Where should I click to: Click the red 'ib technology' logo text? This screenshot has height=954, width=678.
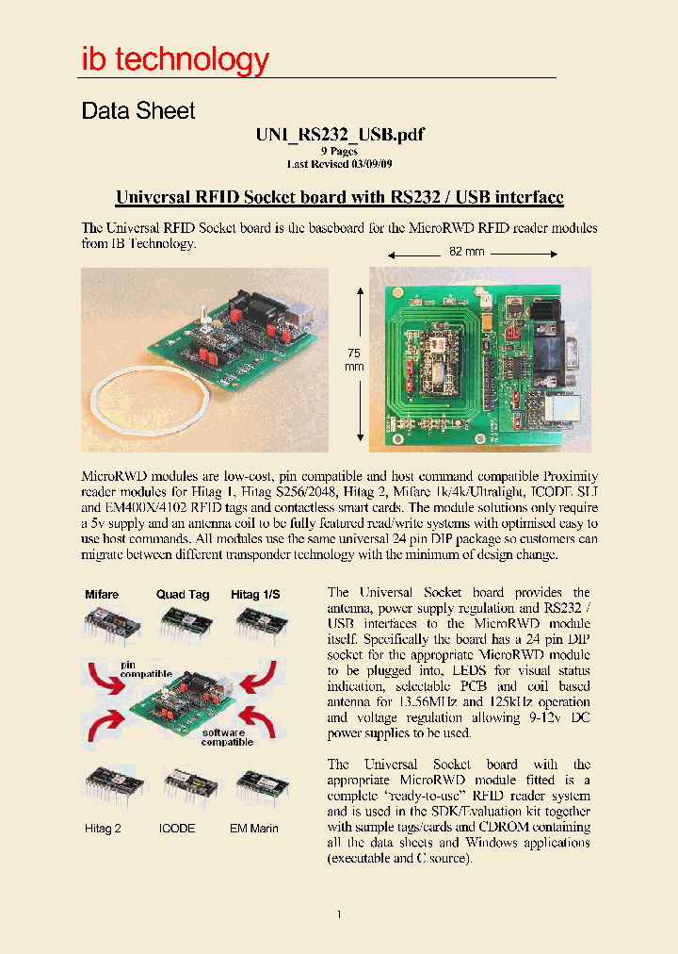(175, 59)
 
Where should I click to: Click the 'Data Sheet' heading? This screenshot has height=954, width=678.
(138, 111)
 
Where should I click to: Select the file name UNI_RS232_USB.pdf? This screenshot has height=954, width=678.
(339, 135)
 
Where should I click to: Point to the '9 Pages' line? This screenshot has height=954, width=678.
(339, 151)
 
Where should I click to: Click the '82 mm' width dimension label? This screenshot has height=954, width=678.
(466, 253)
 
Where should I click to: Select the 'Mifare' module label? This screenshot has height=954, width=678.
(102, 595)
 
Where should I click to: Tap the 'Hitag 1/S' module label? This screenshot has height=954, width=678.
(255, 595)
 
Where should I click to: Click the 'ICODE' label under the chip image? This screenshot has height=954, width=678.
(177, 828)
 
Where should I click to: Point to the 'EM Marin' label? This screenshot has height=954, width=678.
(253, 828)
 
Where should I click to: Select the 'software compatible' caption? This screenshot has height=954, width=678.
(226, 737)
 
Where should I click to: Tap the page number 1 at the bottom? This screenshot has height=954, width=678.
(339, 914)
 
